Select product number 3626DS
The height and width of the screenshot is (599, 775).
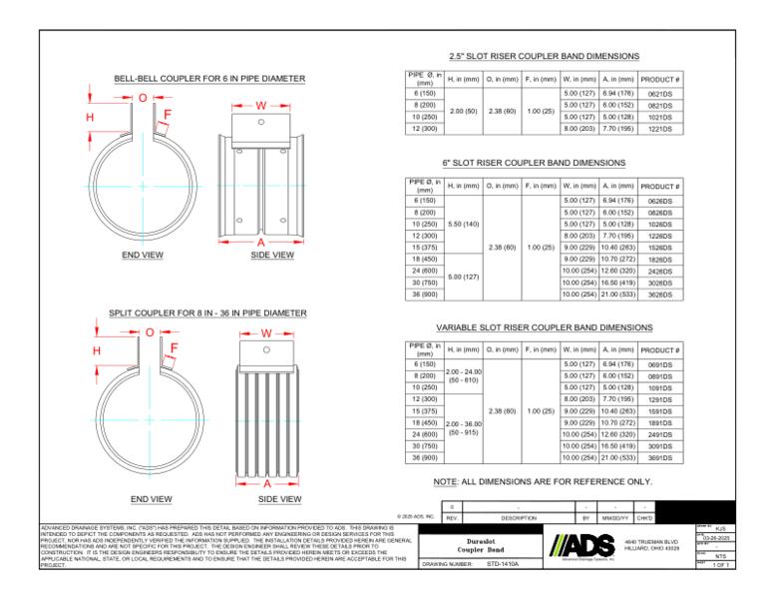pyautogui.click(x=658, y=295)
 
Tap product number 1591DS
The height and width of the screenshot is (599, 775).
pyautogui.click(x=658, y=410)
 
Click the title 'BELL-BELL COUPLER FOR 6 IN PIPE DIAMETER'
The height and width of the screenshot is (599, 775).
pyautogui.click(x=209, y=78)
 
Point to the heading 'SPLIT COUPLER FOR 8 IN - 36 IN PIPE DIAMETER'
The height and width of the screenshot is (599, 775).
pyautogui.click(x=207, y=313)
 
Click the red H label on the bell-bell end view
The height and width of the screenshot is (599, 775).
pyautogui.click(x=90, y=118)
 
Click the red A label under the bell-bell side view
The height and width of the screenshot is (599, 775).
pyautogui.click(x=260, y=243)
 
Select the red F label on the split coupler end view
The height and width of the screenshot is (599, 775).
pyautogui.click(x=174, y=348)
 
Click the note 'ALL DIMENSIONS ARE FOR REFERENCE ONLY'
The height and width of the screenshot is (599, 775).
pyautogui.click(x=543, y=481)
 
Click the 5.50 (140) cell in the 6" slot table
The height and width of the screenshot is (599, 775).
pyautogui.click(x=464, y=223)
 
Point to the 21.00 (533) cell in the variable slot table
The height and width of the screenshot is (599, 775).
pyautogui.click(x=617, y=457)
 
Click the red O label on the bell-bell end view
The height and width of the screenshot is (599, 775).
pyautogui.click(x=143, y=98)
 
